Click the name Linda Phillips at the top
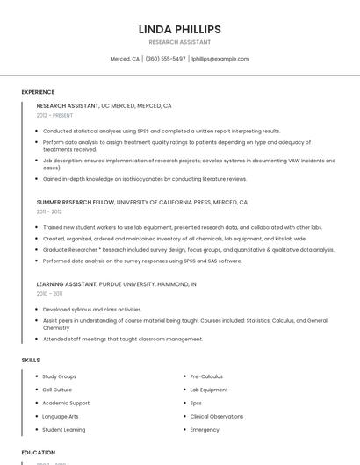[x=179, y=29]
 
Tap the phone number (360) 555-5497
[x=165, y=59]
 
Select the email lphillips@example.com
[x=220, y=59]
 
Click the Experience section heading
[x=38, y=92]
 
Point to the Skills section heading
[x=31, y=360]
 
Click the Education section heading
[x=39, y=453]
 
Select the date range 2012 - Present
[x=55, y=115]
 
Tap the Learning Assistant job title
[x=68, y=284]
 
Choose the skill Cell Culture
[x=59, y=390]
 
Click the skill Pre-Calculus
[x=207, y=376]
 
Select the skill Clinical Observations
[x=217, y=417]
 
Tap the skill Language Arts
[x=61, y=417]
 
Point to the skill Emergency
[x=205, y=430]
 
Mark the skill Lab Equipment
[x=209, y=390]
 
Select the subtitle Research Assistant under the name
[x=179, y=42]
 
